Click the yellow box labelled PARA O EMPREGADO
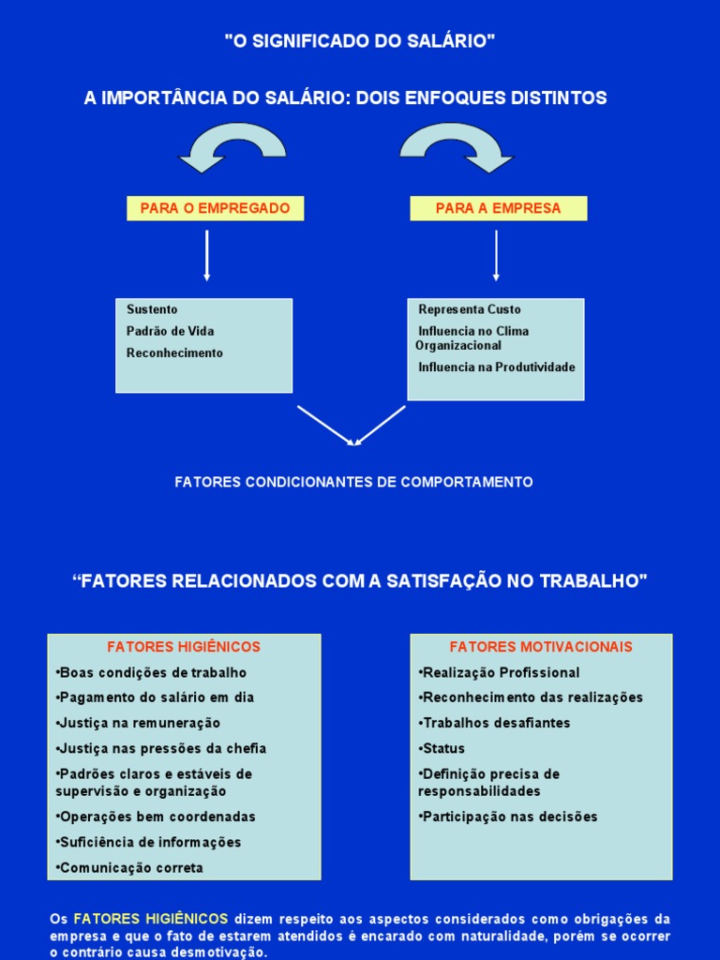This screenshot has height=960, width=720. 215,208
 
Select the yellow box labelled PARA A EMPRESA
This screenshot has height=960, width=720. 499,208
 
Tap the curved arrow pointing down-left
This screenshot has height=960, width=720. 230,147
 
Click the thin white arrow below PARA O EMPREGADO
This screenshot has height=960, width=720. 207,255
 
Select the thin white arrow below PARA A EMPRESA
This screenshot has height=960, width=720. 496,255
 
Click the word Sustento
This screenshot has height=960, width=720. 152,309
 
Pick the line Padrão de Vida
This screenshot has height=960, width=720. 171,331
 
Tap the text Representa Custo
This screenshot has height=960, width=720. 470,309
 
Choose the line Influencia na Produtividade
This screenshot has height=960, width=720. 497,367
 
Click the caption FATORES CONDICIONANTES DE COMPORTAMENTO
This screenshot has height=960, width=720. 353,482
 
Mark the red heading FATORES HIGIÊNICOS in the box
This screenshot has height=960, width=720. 184,647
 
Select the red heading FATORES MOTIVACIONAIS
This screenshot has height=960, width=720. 541,647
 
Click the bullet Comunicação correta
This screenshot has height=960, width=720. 130,868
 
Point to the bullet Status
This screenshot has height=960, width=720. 442,748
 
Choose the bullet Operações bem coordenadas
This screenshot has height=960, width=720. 157,817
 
